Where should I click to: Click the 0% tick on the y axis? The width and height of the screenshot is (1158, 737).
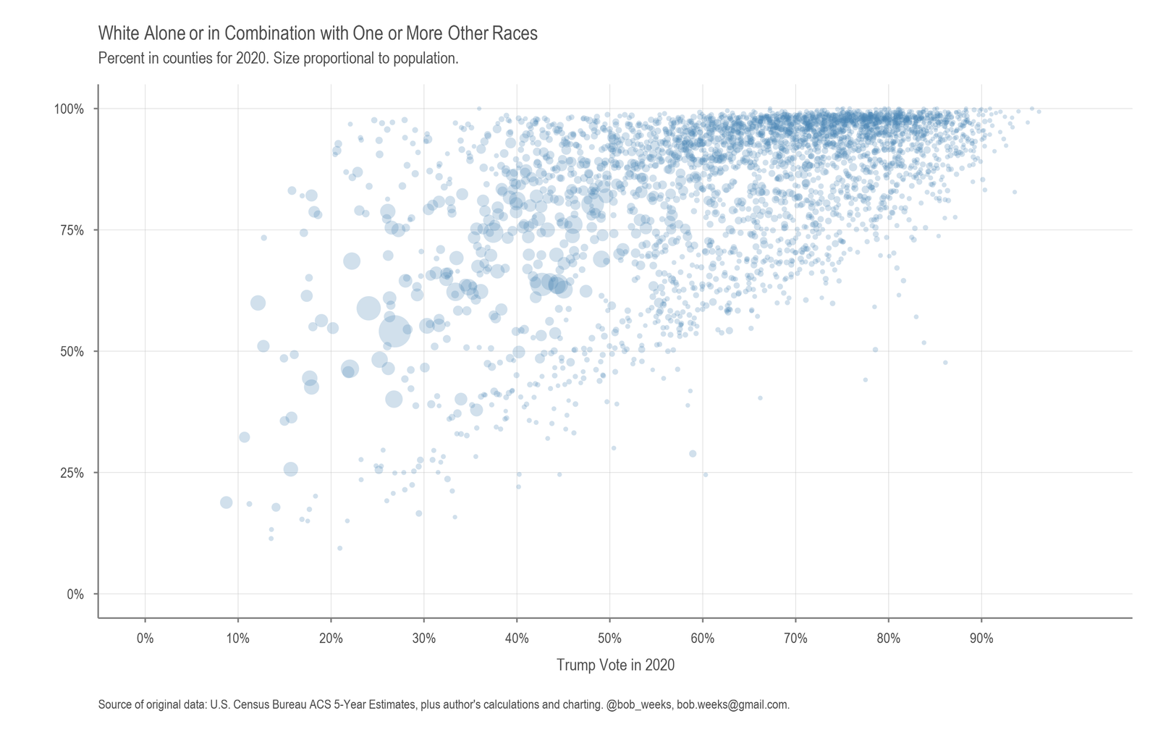(75, 594)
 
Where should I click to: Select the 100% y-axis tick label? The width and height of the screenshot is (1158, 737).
(69, 109)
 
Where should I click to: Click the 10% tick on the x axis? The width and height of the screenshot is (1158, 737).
(238, 639)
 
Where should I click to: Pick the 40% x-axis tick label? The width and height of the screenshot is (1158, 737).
(517, 639)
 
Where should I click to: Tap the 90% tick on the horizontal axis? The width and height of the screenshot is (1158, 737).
(981, 639)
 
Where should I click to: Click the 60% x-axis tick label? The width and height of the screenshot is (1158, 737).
(703, 639)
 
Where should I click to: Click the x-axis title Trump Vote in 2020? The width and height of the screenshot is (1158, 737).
(615, 665)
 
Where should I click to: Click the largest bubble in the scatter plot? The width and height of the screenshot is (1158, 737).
(394, 331)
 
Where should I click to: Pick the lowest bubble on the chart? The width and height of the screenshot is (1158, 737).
(339, 548)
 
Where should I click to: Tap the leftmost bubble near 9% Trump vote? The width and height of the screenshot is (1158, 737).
(226, 502)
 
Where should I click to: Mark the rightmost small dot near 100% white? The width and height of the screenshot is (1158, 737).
(1039, 111)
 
